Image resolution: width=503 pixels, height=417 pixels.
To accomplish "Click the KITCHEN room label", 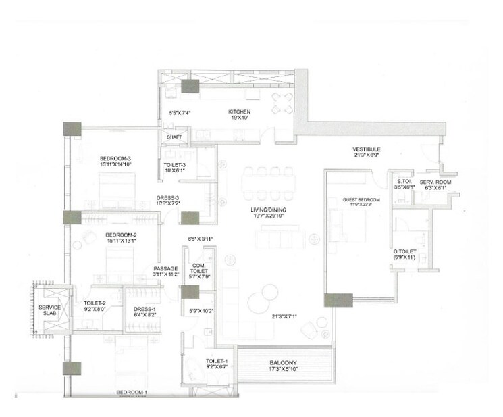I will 239,112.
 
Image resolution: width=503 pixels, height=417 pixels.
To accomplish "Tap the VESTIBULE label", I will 367,149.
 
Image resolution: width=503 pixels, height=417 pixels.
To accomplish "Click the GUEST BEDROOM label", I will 361,200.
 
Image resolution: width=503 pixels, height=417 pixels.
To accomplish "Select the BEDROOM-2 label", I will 122,236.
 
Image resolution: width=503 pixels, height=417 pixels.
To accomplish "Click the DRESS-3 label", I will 166,198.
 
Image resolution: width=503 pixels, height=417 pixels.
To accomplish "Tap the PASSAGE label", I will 165,268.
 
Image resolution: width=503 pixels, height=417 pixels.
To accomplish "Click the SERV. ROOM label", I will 435,182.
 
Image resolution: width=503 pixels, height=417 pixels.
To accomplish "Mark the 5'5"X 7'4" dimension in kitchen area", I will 181,112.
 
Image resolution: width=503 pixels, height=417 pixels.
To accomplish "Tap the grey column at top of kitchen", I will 190,86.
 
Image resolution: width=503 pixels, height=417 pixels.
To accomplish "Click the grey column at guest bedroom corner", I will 338,299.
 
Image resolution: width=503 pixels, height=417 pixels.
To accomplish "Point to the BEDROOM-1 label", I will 132,392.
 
